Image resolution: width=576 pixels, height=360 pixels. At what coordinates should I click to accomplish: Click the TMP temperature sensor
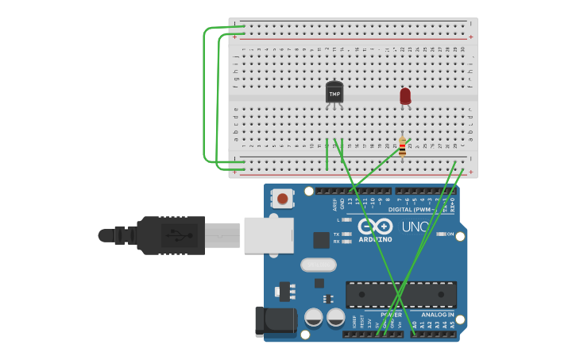(334, 93)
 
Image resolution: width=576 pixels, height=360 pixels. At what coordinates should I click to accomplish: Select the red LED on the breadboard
(405, 96)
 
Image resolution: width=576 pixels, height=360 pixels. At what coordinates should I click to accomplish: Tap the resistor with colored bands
(402, 147)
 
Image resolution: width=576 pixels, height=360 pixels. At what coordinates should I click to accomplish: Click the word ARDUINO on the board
(375, 239)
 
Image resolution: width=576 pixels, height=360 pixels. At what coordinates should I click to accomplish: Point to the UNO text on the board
(415, 227)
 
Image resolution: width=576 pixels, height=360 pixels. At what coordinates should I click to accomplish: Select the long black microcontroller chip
(400, 294)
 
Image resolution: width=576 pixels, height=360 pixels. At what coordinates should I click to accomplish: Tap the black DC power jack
(273, 320)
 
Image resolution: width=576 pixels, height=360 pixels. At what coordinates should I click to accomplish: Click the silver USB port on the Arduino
(268, 235)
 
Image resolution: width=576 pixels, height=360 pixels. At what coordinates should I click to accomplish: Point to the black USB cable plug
(170, 235)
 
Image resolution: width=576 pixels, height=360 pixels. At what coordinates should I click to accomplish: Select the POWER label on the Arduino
(391, 315)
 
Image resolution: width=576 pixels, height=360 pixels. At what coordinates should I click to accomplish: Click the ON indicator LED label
(450, 234)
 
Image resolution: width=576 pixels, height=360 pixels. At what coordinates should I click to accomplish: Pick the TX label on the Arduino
(336, 234)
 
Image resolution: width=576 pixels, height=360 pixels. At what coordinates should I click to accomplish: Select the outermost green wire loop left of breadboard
(205, 95)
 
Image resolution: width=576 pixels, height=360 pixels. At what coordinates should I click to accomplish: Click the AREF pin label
(334, 204)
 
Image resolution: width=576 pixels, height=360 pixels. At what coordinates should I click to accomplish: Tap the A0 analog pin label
(414, 325)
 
